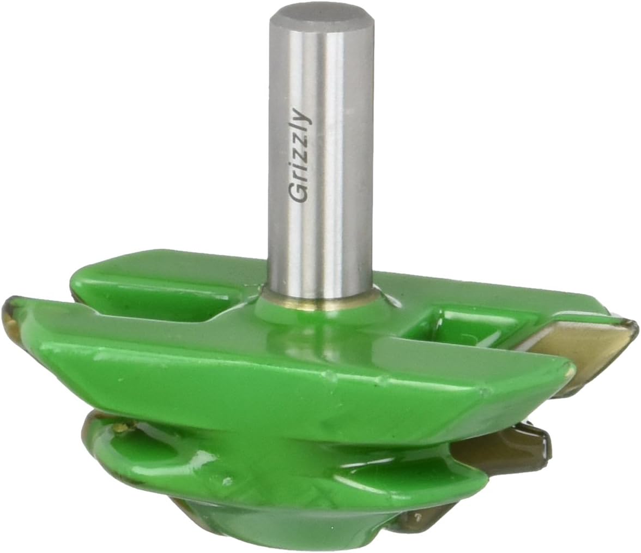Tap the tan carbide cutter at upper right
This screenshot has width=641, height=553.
pyautogui.click(x=578, y=344)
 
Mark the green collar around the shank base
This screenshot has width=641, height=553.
pyautogui.click(x=322, y=311)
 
